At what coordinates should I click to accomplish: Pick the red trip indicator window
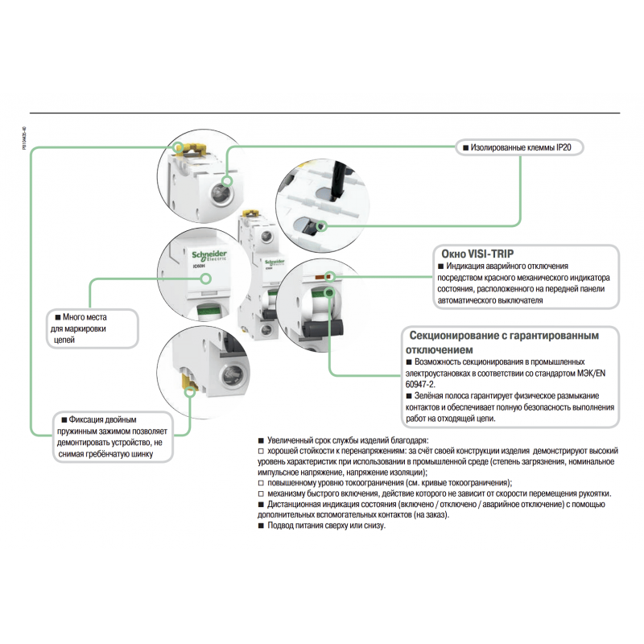pos(329,277)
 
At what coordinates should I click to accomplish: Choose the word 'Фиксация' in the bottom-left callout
pos(88,419)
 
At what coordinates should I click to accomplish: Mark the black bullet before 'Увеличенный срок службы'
pos(260,441)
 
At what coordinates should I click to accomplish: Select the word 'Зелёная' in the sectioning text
pos(431,395)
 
